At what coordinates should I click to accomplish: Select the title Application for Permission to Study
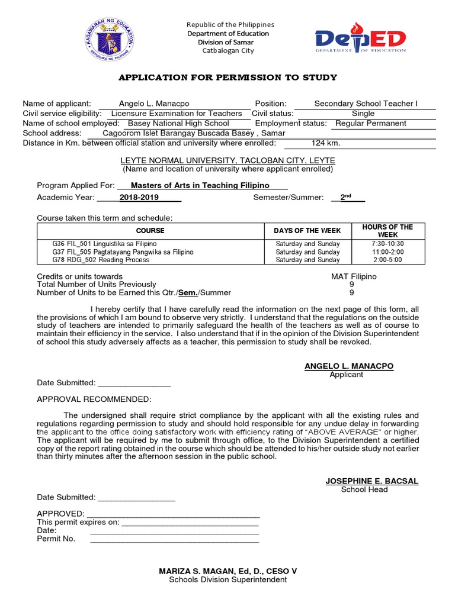(x=227, y=78)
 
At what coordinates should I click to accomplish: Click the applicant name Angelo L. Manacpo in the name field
(x=154, y=104)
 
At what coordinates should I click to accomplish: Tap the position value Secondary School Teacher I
(x=366, y=104)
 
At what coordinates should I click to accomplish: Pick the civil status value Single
(x=363, y=113)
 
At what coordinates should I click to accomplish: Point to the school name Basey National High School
(x=178, y=123)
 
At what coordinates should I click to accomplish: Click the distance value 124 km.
(x=326, y=143)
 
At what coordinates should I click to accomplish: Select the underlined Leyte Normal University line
(x=227, y=160)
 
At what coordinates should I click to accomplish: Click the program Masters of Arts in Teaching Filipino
(x=200, y=185)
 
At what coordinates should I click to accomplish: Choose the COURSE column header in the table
(x=150, y=231)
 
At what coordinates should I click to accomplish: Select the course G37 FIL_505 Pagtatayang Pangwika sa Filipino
(x=123, y=252)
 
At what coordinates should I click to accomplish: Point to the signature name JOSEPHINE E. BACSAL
(x=371, y=481)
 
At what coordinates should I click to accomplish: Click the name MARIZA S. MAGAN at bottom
(x=227, y=571)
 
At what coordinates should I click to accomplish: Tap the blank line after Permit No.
(x=174, y=539)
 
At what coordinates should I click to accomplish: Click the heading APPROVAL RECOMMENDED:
(x=94, y=399)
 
